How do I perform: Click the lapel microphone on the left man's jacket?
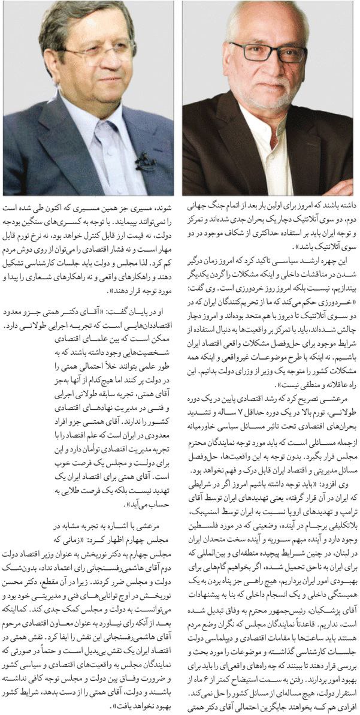pyautogui.click(x=144, y=161)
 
